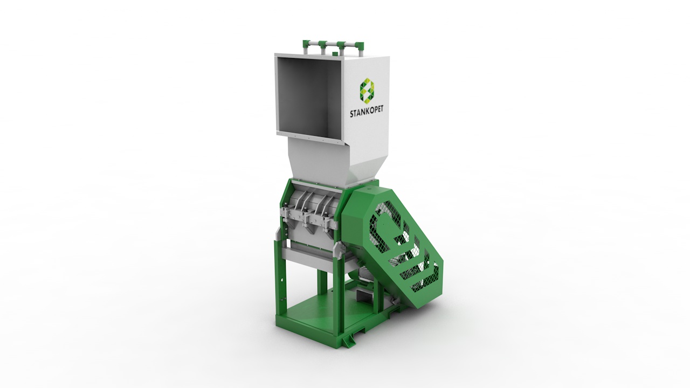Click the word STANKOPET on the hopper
click(x=367, y=112)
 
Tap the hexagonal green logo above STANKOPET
click(x=367, y=89)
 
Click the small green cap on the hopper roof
click(x=335, y=54)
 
